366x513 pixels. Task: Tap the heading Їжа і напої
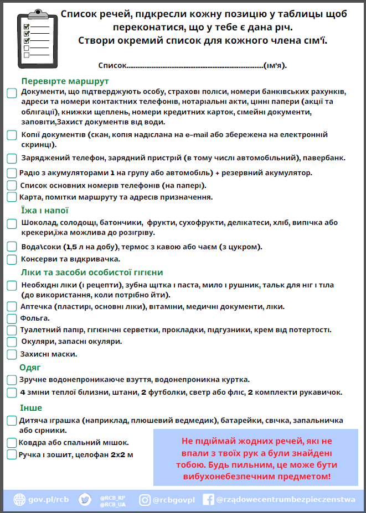[x=44, y=211]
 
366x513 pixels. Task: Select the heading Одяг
[x=30, y=368]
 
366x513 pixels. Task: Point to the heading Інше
[x=30, y=408]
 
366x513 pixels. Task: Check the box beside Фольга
[x=12, y=318]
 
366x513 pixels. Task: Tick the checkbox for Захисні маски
[x=12, y=354]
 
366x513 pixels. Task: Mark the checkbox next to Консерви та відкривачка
[x=12, y=259]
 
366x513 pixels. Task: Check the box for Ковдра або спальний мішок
[x=12, y=443]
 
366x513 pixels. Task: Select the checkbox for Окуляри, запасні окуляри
[x=12, y=342]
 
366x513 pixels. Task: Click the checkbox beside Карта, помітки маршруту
[x=12, y=197]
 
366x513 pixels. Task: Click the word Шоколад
[x=38, y=223]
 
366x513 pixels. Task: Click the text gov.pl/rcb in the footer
[x=50, y=500]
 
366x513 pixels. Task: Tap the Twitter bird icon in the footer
[x=85, y=500]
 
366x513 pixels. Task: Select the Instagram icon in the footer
[x=145, y=500]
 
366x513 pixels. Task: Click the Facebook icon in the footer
[x=209, y=500]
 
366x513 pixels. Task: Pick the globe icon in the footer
[x=19, y=500]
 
